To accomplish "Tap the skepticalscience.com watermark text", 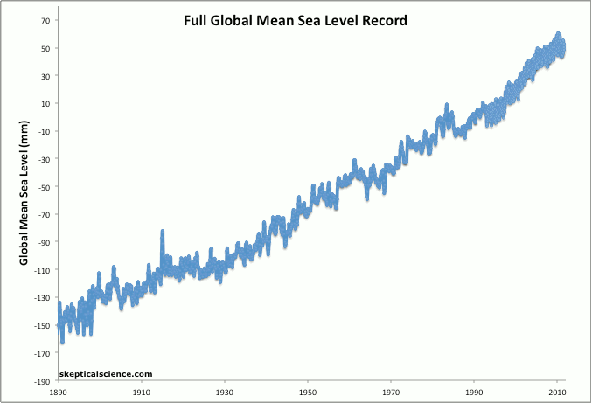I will pos(107,374).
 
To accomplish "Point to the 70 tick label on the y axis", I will pos(45,19).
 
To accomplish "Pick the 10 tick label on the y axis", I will pos(45,103).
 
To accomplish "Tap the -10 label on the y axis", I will pos(44,131).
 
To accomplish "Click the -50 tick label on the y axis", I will pos(44,186).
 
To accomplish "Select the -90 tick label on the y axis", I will pos(44,242).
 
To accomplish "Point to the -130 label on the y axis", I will pos(42,298).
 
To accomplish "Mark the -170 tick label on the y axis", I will pos(42,354).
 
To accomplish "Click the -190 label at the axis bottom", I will pos(42,382).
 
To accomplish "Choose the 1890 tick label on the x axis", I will pos(59,393).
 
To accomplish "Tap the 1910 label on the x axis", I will pos(142,393).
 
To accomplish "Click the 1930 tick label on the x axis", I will pos(225,393).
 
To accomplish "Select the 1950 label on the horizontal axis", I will pos(308,393).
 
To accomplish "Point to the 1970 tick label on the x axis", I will pos(391,393).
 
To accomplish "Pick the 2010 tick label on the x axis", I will pos(557,393).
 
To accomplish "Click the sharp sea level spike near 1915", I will pos(163,233).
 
